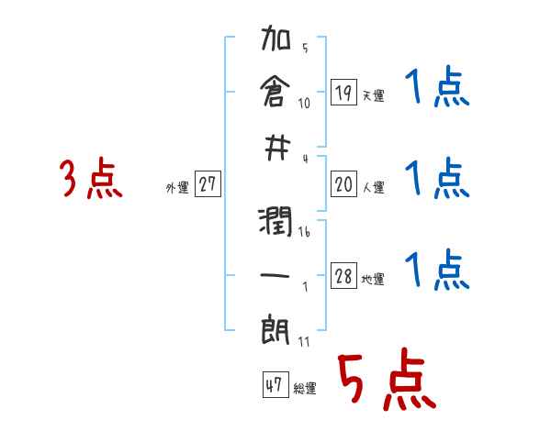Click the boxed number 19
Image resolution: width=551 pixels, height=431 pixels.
tap(343, 92)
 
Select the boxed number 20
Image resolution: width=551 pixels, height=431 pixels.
tap(343, 184)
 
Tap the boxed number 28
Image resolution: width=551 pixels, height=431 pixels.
tap(343, 276)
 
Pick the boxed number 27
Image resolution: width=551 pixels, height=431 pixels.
tap(208, 184)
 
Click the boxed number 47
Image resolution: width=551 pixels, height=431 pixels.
tap(273, 385)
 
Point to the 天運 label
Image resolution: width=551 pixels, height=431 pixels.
tap(373, 95)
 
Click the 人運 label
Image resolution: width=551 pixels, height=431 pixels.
tap(373, 188)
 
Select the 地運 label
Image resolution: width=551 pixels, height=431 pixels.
tap(373, 280)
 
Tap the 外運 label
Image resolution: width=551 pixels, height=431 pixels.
tap(177, 188)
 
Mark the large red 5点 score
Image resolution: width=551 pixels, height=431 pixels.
tap(385, 381)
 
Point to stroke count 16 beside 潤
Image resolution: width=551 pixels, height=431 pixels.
tap(305, 231)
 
